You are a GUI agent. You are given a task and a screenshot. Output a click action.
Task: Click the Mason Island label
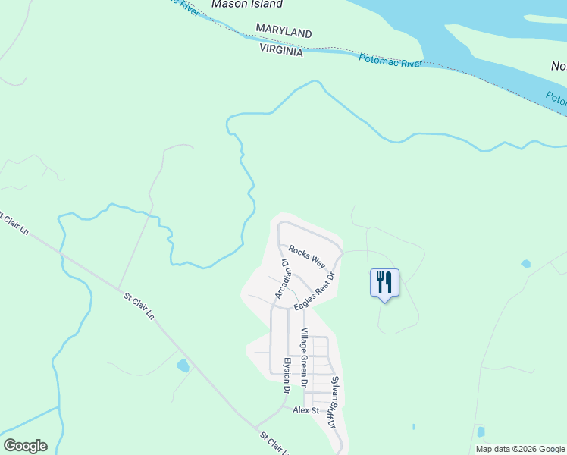tap(247, 5)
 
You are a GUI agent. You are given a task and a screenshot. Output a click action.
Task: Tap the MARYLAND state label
tap(283, 33)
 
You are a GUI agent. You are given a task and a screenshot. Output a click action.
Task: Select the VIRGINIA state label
tap(281, 50)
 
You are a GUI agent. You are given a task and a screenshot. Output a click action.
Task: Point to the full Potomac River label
tap(390, 61)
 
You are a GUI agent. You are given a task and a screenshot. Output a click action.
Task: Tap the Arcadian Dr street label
tap(282, 279)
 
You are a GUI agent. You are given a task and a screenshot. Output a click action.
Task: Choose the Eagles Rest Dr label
tap(315, 287)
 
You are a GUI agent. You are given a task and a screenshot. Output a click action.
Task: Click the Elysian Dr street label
tap(287, 375)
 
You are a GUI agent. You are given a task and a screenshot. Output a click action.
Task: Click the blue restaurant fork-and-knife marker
tap(384, 283)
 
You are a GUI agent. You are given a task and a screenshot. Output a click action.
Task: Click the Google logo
tap(25, 446)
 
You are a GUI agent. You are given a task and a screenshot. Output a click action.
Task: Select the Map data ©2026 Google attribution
tap(519, 449)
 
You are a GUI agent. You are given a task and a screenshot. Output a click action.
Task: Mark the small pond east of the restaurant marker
tap(526, 264)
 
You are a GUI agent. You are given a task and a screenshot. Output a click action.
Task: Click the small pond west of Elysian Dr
tap(183, 366)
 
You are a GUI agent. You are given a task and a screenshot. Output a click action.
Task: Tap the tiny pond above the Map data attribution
tap(481, 432)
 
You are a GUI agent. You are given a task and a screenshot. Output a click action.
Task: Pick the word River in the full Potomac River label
tap(410, 64)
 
